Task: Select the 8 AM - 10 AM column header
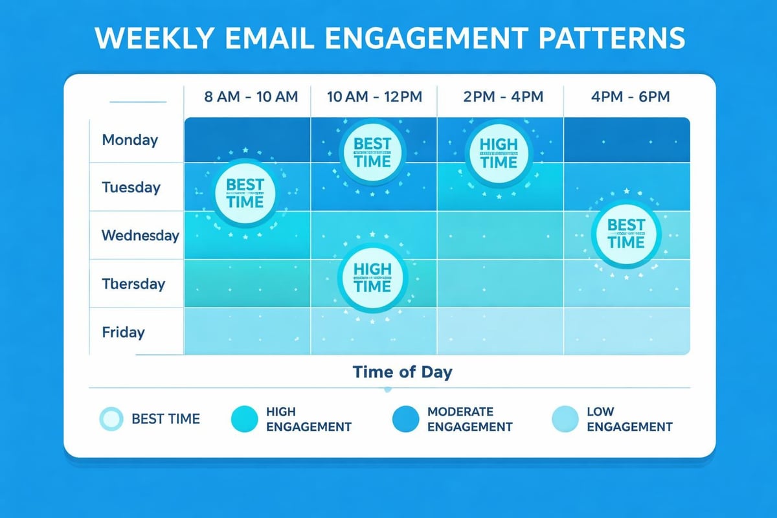pos(251,97)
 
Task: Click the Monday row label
pos(129,140)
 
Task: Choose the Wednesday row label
pos(140,235)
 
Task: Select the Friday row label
pos(123,332)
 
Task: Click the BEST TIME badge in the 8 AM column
pos(245,192)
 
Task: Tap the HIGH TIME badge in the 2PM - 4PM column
pos(499,153)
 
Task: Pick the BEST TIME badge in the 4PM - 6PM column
pos(627,234)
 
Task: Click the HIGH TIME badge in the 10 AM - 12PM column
pos(373,277)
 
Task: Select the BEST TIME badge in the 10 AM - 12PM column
pos(373,152)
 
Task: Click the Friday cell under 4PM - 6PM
pos(626,331)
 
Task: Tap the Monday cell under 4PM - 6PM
pos(626,139)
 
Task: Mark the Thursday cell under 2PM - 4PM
pos(500,283)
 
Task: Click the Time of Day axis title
pos(402,372)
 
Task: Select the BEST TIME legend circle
pos(111,419)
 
